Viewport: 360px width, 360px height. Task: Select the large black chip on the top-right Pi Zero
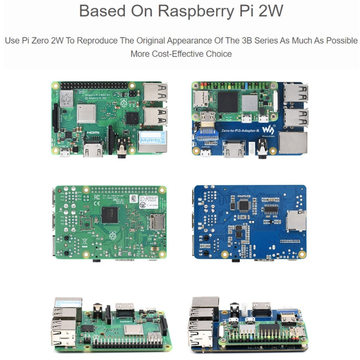click(228, 101)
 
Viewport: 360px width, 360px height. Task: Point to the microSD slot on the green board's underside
click(156, 221)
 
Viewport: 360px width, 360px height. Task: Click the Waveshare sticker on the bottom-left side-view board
click(68, 302)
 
